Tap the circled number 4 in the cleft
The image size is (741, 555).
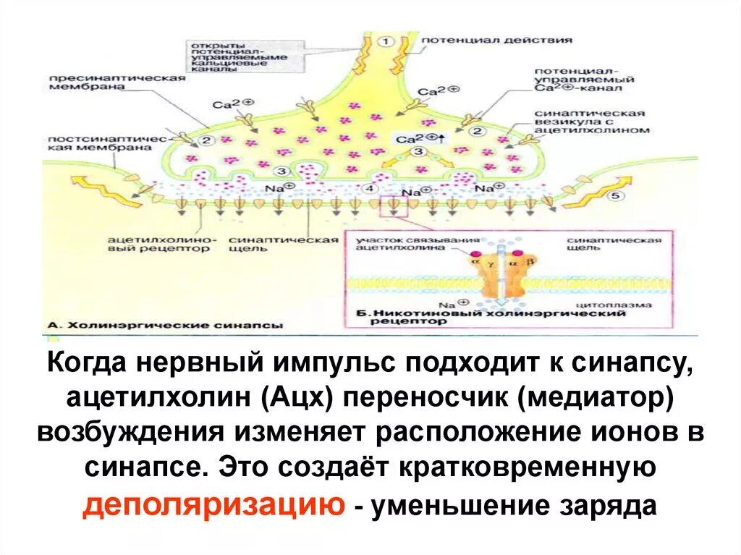[x=370, y=188]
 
